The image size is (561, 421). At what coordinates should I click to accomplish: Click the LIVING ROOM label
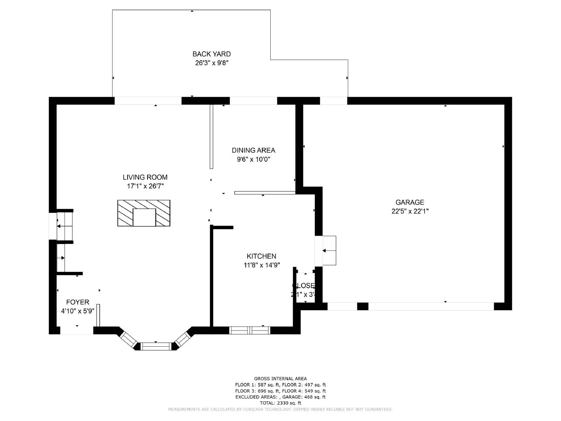click(145, 177)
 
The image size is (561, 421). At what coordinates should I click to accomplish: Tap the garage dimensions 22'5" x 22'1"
click(410, 211)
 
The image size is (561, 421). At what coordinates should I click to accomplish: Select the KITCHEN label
click(261, 256)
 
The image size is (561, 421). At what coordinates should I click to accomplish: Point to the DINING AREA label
click(253, 150)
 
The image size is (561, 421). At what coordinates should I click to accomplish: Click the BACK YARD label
click(211, 54)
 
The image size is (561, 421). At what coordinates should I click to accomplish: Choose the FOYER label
click(77, 302)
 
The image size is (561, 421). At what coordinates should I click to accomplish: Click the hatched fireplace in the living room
click(144, 213)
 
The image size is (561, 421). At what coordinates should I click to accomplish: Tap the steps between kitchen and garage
click(329, 250)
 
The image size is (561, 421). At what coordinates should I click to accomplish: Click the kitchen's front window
click(250, 330)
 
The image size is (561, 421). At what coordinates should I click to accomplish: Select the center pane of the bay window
click(155, 346)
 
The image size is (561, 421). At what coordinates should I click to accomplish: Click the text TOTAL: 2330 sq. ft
click(280, 403)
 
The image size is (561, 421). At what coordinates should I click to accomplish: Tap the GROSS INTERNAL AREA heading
click(280, 379)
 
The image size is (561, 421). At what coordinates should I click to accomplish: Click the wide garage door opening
click(431, 306)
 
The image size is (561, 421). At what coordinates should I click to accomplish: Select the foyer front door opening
click(77, 330)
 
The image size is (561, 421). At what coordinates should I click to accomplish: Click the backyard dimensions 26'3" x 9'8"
click(211, 63)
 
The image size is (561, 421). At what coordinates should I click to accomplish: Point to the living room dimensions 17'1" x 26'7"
click(145, 186)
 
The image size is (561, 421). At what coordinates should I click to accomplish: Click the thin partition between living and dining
click(211, 137)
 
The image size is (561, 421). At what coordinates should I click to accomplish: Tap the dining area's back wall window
click(253, 101)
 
